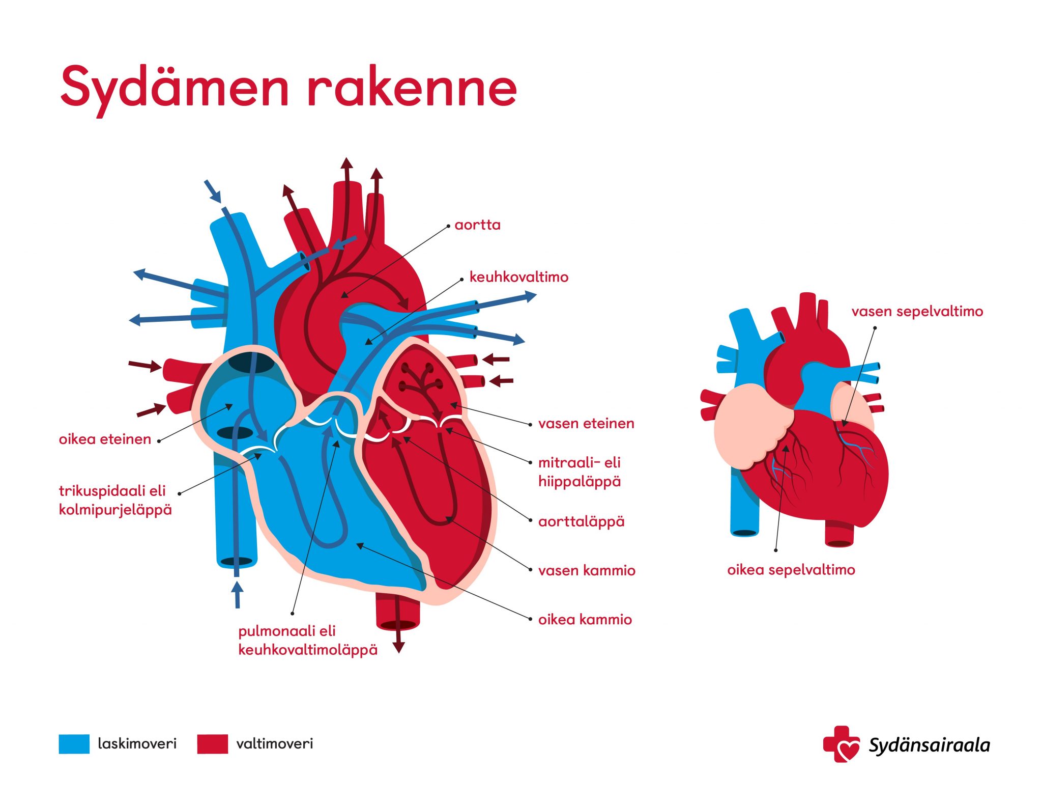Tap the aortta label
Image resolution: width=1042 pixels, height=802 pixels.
[x=477, y=225]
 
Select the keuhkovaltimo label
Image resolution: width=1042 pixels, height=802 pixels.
[x=518, y=277]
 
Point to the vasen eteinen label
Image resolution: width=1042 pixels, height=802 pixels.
[x=586, y=423]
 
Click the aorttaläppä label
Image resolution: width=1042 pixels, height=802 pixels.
[x=581, y=521]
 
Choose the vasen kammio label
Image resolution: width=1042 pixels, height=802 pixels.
[x=587, y=570]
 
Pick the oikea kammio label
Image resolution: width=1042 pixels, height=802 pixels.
[x=585, y=619]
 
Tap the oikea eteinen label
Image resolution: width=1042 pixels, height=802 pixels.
[x=105, y=439]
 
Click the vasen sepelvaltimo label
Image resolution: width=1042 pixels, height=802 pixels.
[x=917, y=311]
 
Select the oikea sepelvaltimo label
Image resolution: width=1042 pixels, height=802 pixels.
[x=791, y=569]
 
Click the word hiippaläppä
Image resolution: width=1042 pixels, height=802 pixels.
[x=580, y=482]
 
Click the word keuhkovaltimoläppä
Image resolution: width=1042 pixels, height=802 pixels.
[x=308, y=650]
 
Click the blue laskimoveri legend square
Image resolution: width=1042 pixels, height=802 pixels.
[x=74, y=743]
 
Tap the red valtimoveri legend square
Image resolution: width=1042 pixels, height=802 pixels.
[x=213, y=743]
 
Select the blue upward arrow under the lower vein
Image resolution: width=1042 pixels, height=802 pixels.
[x=237, y=595]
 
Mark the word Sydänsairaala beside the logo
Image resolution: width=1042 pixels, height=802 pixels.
[x=929, y=745]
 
